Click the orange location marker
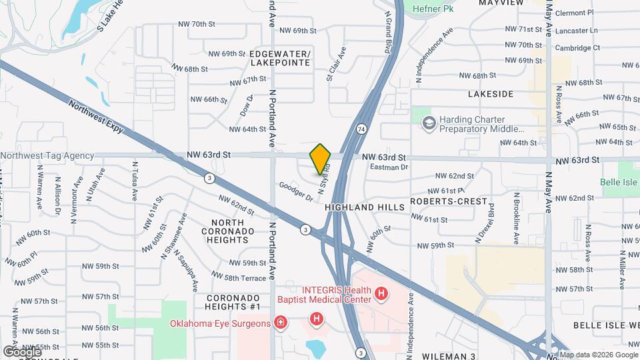[320, 159]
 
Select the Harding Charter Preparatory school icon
[428, 123]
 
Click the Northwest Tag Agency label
[47, 155]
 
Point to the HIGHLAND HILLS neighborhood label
[365, 207]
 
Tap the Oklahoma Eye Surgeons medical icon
[281, 323]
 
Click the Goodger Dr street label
[296, 191]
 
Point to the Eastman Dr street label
[388, 167]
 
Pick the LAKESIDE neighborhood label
[491, 95]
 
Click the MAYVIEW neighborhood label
[501, 3]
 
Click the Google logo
[22, 351]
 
